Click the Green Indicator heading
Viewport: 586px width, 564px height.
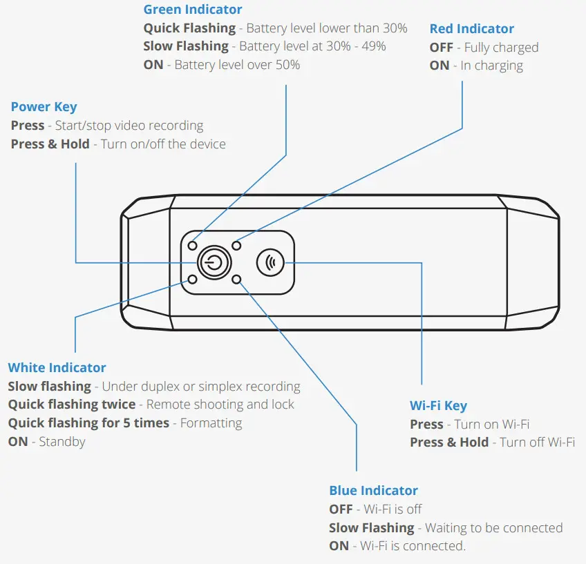193,10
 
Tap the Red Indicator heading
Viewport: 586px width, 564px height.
471,29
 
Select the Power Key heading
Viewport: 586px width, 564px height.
44,107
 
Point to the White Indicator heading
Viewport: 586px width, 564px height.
57,368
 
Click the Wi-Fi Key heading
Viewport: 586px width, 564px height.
438,406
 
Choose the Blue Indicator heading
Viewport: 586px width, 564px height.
373,491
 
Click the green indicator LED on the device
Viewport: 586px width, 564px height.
193,245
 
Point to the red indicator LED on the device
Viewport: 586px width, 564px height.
236,245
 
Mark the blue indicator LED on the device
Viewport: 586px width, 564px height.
236,280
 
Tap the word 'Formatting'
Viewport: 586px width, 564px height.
211,422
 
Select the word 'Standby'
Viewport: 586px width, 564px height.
62,441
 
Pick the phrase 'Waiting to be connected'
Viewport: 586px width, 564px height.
493,527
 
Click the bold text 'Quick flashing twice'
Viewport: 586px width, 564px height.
71,405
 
